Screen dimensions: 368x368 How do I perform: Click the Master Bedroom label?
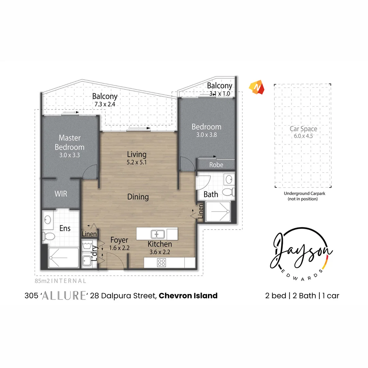pyautogui.click(x=70, y=142)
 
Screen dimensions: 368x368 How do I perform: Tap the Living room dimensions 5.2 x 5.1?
pyautogui.click(x=137, y=162)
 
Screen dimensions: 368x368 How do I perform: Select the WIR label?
pyautogui.click(x=61, y=194)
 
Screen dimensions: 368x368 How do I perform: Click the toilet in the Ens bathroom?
pyautogui.click(x=47, y=235)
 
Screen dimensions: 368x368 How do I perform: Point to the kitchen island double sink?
pyautogui.click(x=158, y=234)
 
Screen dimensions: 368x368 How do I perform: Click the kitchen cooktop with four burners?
pyautogui.click(x=162, y=263)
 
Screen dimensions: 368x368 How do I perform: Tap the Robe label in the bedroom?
pyautogui.click(x=216, y=165)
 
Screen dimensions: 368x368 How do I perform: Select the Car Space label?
pyautogui.click(x=303, y=129)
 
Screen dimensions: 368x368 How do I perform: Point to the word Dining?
pyautogui.click(x=138, y=197)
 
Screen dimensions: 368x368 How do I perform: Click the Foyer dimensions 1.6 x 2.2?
pyautogui.click(x=120, y=248)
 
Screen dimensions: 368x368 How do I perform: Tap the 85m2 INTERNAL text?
pyautogui.click(x=60, y=281)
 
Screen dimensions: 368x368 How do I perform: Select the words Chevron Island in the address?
pyautogui.click(x=188, y=295)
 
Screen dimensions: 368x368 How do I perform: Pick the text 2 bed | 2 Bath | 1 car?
pyautogui.click(x=302, y=295)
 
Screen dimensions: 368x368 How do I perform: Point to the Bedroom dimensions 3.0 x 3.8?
pyautogui.click(x=206, y=135)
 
